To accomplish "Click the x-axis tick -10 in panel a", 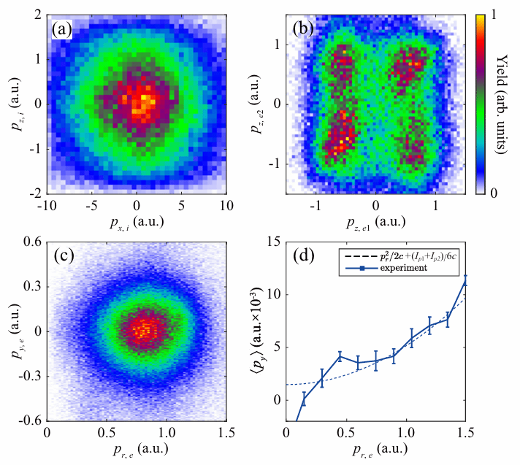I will click(x=46, y=204).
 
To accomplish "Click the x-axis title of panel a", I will click(x=137, y=218).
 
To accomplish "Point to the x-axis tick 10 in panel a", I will click(x=226, y=204).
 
